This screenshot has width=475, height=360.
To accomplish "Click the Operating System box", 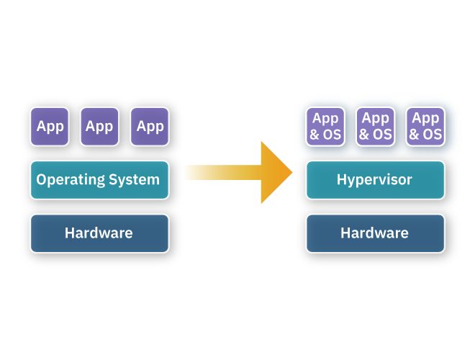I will pos(99,180).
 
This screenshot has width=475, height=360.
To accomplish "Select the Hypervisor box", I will pos(374,180).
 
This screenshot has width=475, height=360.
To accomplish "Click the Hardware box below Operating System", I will pos(99,233).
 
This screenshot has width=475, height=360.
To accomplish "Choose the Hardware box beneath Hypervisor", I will pos(374,233).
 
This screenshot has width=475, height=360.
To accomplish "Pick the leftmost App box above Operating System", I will pos(50,127).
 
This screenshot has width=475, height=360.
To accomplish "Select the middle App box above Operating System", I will pos(99,127).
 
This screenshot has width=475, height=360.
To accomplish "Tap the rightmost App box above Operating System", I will pos(150,127).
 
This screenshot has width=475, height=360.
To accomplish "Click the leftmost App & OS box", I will pos(325,127).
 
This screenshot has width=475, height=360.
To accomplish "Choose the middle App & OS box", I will pos(374,127).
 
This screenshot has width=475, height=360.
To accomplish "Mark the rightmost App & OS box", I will pos(425,127).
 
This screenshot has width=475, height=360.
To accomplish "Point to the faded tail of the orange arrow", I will pos(198,173).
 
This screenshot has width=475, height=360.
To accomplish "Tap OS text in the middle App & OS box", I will pos(381,135).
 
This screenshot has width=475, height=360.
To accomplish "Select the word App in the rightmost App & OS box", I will pos(425,119).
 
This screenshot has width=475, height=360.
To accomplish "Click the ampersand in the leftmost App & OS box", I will pos(315,135).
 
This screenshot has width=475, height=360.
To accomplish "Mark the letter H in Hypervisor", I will pos(341,179).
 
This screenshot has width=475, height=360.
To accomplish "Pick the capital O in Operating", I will pos(42,179).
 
